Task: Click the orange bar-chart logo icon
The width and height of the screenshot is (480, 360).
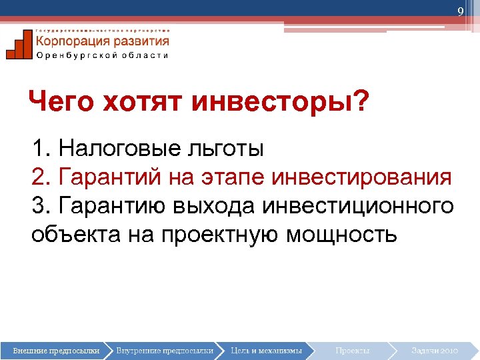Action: pos(19,45)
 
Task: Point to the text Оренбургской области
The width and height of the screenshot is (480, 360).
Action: pos(102,55)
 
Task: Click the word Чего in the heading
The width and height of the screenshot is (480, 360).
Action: pos(61,103)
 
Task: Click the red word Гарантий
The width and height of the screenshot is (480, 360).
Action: pos(110,177)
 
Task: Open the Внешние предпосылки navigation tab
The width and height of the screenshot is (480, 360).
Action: pos(56,350)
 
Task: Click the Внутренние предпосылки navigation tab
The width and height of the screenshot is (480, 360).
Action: pos(164,350)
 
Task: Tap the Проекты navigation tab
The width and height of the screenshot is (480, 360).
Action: pos(353,350)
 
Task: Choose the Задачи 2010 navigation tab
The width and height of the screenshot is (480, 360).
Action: pos(434,350)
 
